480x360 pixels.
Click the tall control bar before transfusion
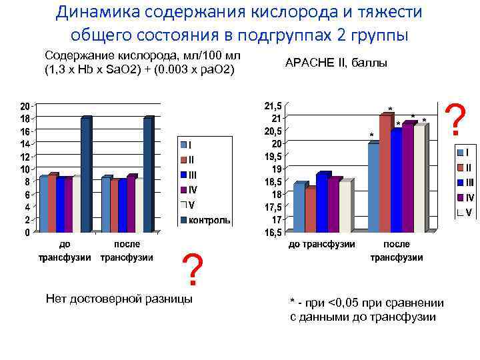point(86,175)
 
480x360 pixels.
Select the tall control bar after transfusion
point(148,175)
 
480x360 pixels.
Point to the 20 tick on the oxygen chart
point(24,106)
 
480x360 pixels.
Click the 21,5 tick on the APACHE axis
point(273,106)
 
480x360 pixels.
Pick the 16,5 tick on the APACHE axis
point(273,233)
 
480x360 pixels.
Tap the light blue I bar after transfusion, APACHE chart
point(373,187)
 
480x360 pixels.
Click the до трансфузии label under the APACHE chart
point(321,245)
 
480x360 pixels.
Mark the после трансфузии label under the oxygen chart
point(127,251)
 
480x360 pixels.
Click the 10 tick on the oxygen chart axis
point(24,169)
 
